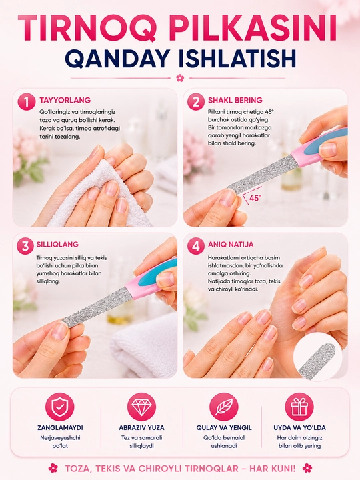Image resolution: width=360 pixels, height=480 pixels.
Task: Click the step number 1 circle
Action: [x=27, y=101]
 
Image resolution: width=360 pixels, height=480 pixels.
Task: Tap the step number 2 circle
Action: [x=195, y=101]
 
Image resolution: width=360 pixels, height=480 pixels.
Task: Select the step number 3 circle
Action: [x=25, y=246]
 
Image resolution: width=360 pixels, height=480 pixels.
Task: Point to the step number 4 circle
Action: [x=195, y=246]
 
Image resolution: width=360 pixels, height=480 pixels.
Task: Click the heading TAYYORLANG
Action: [x=65, y=100]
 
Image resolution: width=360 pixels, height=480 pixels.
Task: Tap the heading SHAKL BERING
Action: [x=235, y=100]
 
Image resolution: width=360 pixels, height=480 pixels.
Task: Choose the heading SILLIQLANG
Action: [x=57, y=244]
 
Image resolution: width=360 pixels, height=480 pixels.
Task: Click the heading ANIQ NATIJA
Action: [x=231, y=244]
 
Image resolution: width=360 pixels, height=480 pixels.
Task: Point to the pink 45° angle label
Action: [x=255, y=198]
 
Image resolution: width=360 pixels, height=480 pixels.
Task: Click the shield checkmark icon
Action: [x=60, y=407]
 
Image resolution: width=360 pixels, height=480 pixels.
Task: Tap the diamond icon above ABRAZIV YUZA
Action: [x=141, y=407]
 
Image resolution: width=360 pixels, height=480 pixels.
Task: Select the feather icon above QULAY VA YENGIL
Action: [x=224, y=407]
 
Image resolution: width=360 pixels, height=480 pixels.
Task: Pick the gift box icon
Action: [x=299, y=407]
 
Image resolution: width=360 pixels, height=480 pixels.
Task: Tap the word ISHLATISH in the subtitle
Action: [x=237, y=59]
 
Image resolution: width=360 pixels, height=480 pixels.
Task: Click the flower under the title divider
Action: [x=180, y=78]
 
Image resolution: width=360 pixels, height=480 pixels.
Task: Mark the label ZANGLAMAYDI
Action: [x=60, y=427]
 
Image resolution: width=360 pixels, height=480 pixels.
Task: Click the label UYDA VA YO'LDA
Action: [x=299, y=427]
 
